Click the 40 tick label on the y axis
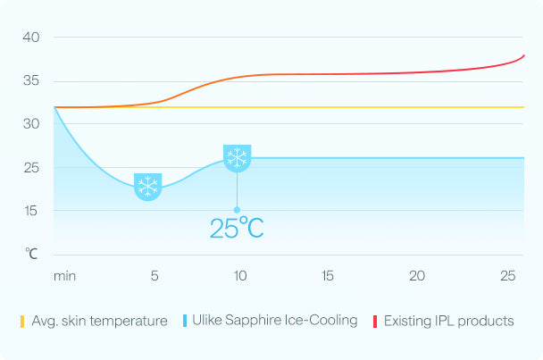[32, 38]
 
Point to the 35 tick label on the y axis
[32, 80]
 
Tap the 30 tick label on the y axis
[32, 124]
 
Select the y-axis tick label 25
[32, 168]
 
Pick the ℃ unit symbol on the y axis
[32, 254]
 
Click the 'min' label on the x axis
[64, 276]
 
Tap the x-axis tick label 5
[155, 276]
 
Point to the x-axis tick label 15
[328, 276]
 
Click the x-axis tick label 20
[417, 276]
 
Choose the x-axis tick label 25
[508, 276]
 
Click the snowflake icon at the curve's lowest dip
[147, 187]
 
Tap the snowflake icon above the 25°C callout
[237, 159]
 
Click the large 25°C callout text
[237, 228]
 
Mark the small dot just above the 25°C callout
[237, 210]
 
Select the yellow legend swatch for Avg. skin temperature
[21, 320]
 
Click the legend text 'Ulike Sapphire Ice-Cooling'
[275, 320]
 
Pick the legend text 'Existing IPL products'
[448, 320]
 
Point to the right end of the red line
[524, 55]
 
